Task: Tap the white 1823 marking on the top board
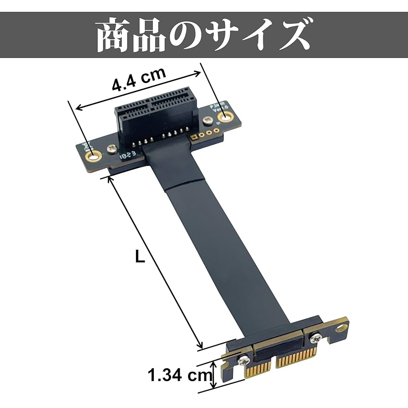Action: click(128, 155)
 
